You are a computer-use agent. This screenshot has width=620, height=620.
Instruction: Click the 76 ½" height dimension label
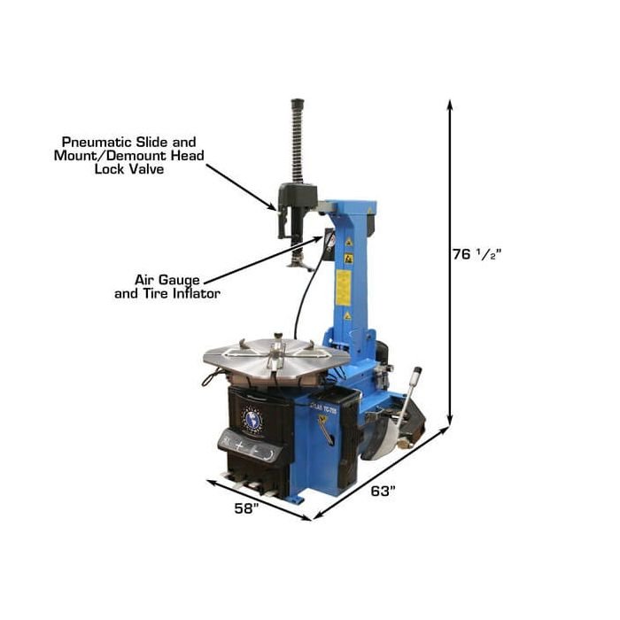click(477, 254)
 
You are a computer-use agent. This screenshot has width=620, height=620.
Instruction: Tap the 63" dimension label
click(382, 492)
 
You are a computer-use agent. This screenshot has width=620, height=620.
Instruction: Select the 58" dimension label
click(244, 508)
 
